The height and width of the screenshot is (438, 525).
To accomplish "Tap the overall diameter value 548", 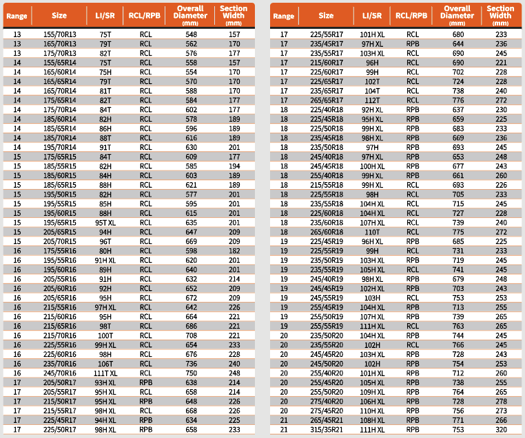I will pos(191,34).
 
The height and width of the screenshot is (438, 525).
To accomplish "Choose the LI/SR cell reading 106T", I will pos(105,364).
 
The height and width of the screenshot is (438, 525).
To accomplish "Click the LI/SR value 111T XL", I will pos(105,373).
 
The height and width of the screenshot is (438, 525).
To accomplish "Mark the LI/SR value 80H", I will pos(105,252).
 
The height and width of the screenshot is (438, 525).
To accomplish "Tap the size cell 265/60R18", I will pos(327,232).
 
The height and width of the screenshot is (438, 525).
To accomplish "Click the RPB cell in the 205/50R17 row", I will pos(146,383).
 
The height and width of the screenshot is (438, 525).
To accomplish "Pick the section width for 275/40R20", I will pos(501,402).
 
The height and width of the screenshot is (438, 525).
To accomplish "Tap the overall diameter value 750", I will pos(191,373).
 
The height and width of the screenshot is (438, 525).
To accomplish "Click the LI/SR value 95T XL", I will pos(105,223).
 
